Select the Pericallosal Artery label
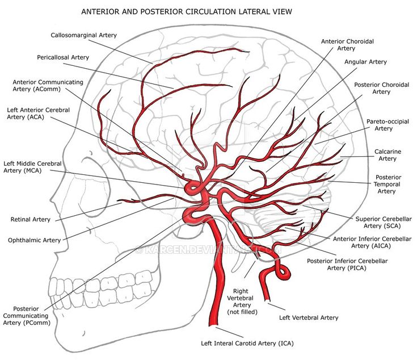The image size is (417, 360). click(63, 57)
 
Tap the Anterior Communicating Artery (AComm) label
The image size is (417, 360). click(48, 86)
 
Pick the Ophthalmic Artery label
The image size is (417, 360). click(34, 240)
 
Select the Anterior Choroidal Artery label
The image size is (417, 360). click(347, 45)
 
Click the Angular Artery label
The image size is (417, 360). click(365, 62)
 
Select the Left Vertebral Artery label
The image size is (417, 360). click(308, 318)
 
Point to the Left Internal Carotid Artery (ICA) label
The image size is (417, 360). click(247, 343)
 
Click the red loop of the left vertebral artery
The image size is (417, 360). click(282, 273)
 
